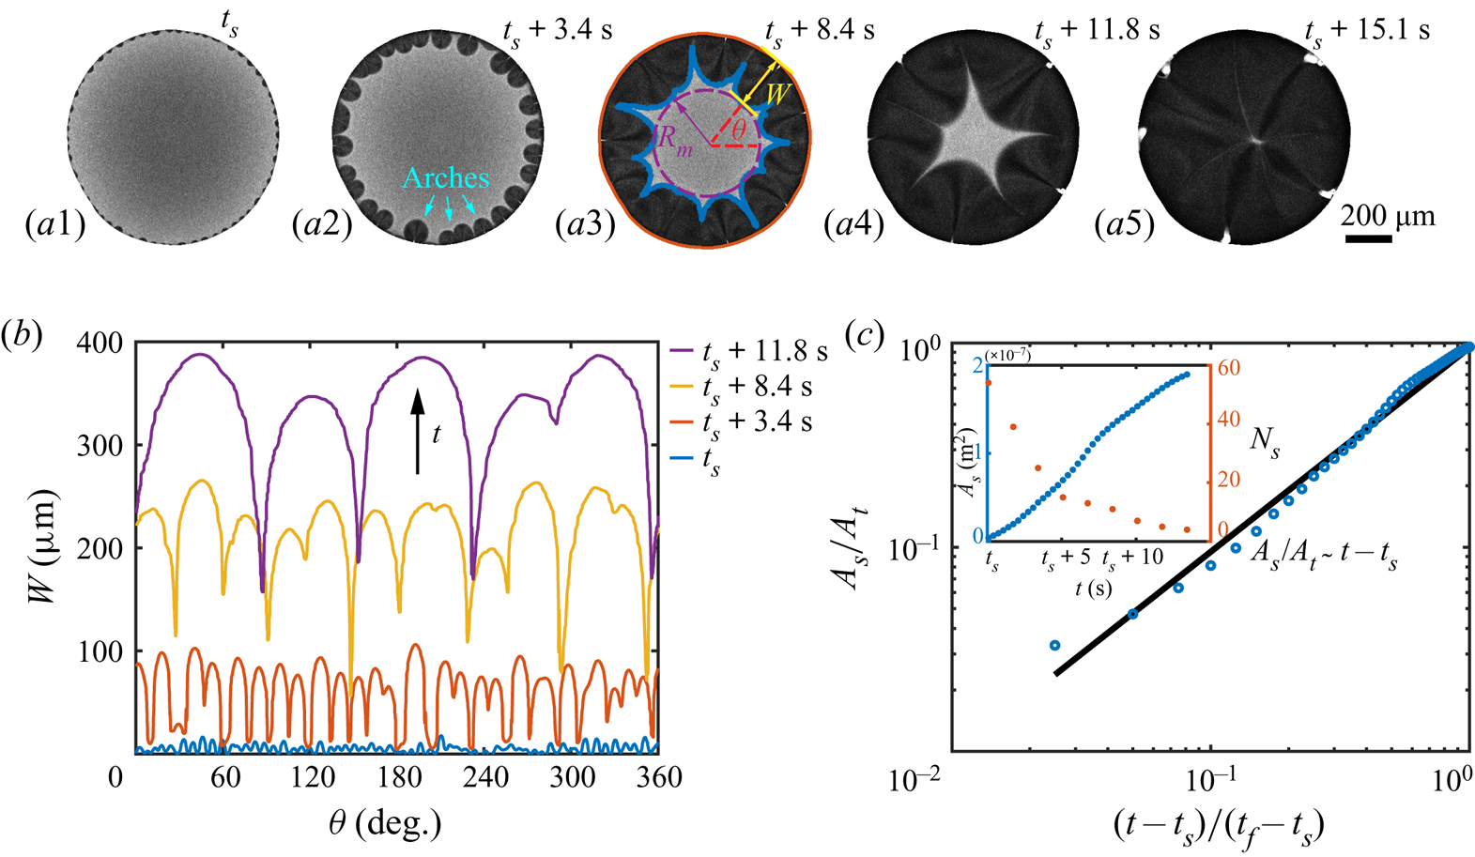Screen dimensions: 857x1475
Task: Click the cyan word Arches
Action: point(446,177)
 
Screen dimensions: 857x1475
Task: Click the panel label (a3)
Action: point(583,226)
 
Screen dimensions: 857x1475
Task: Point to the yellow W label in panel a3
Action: point(776,94)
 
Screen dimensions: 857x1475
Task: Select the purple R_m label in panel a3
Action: point(675,138)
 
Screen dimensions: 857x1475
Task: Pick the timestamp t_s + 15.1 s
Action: point(1367,31)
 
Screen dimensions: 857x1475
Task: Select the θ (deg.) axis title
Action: point(386,823)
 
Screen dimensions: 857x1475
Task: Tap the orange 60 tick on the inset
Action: point(1228,367)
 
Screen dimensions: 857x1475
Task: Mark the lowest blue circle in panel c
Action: point(1054,645)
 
